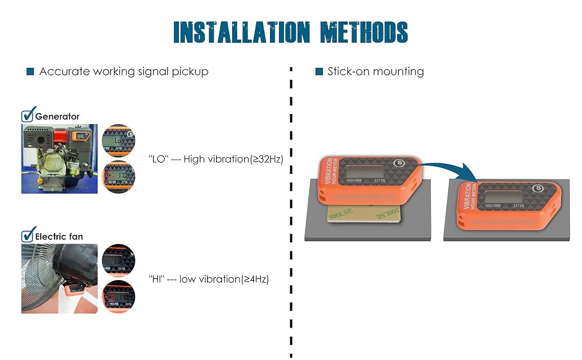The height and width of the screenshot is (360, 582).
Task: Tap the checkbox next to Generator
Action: [x=28, y=116]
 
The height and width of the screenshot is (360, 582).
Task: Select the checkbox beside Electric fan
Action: [x=28, y=236]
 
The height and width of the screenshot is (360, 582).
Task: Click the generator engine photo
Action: [x=59, y=158]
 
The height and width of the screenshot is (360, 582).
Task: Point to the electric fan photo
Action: [x=59, y=278]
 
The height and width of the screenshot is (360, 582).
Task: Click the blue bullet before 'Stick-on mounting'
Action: [x=319, y=72]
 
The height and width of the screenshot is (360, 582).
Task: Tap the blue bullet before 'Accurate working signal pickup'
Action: [x=30, y=72]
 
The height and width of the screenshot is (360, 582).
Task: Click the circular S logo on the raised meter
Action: [x=397, y=163]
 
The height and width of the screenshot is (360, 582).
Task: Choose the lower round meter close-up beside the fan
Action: [x=118, y=296]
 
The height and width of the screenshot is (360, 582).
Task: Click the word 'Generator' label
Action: [x=58, y=116]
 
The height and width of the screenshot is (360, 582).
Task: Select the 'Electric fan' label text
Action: [x=59, y=236]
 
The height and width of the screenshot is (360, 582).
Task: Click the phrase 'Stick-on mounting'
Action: [x=376, y=72]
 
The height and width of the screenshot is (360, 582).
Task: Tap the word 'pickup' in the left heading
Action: [x=189, y=72]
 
